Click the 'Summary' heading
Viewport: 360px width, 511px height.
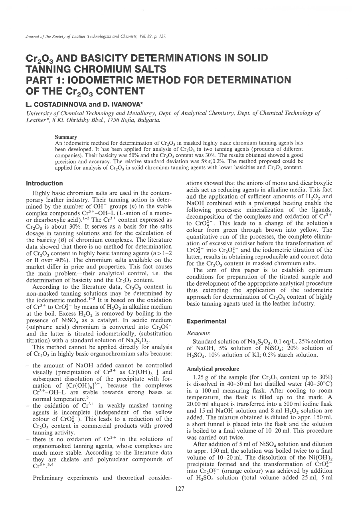tap(66, 138)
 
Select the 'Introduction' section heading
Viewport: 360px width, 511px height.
tap(44, 183)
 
